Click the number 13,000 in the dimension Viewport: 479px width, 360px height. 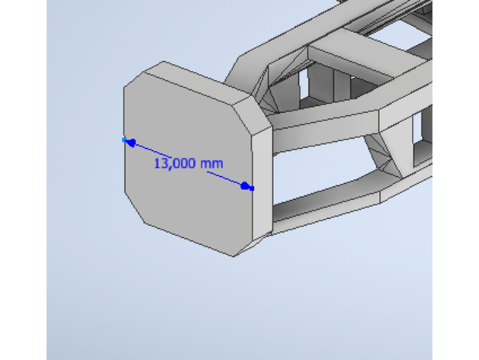click(x=175, y=163)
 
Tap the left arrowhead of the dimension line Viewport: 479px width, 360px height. click(x=132, y=143)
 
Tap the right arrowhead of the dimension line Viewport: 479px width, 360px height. click(x=245, y=185)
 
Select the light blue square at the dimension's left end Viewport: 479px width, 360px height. click(x=124, y=140)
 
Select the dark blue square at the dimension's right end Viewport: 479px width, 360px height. click(x=252, y=188)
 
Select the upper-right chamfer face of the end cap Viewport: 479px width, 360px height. click(x=252, y=114)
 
